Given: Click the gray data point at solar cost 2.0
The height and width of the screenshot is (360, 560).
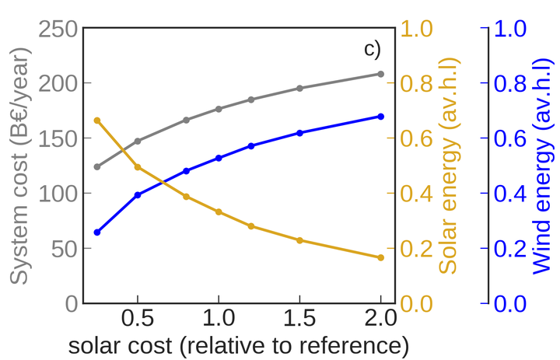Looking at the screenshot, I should (380, 74).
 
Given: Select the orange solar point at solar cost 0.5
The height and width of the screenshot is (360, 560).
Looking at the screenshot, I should (138, 167).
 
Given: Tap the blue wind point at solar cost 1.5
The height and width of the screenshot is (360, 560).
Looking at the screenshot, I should (299, 133).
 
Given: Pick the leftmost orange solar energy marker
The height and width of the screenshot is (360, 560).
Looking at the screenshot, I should (97, 121).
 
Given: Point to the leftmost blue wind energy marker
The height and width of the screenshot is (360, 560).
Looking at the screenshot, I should (97, 232).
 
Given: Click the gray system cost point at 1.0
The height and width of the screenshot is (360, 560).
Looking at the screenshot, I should (219, 109).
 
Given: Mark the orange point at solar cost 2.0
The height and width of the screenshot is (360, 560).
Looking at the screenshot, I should (380, 257).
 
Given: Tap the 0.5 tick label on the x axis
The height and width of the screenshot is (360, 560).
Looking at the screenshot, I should (138, 319).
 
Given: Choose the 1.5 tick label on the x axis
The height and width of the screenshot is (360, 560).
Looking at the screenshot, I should (299, 319).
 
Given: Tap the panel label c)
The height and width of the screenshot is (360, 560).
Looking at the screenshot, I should (373, 49).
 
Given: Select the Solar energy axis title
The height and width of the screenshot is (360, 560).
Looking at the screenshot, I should (450, 166).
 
